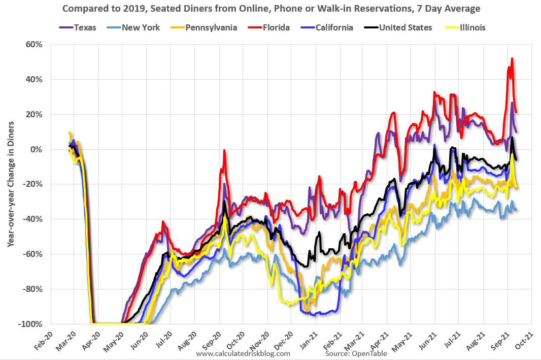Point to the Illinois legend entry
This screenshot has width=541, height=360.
click(468, 27)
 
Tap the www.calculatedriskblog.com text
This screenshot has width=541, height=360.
click(243, 353)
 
